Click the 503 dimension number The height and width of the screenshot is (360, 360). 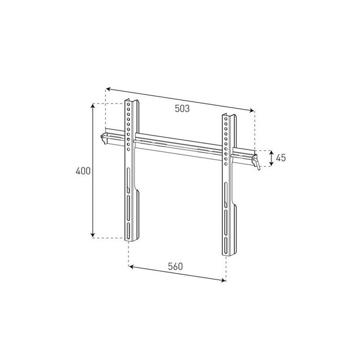click(x=182, y=108)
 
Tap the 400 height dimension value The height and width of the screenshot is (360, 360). click(x=83, y=171)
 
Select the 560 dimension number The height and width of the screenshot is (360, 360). click(x=176, y=266)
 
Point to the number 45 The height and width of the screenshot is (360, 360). click(x=280, y=158)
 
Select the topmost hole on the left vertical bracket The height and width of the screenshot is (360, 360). click(x=128, y=104)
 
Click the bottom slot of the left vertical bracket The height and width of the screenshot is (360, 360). click(x=128, y=231)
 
